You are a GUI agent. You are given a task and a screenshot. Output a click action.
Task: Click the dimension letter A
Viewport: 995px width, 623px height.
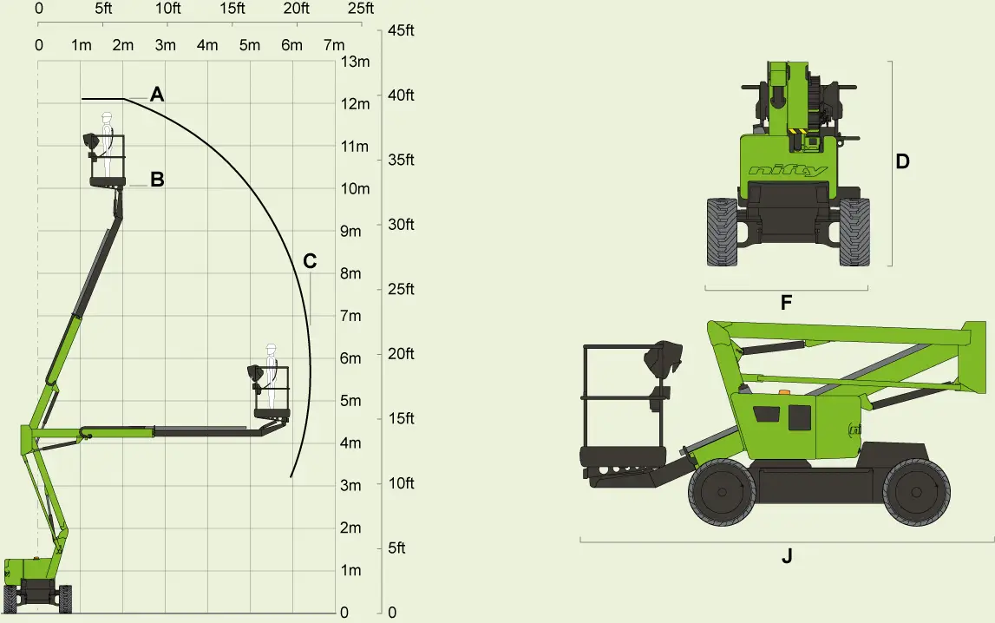pos(157,95)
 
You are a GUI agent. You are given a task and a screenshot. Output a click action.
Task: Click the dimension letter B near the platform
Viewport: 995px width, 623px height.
pos(157,180)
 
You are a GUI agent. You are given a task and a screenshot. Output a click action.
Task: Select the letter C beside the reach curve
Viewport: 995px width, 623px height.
pos(310,261)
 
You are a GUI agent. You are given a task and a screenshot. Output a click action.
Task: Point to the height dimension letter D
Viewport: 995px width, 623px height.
pos(902,161)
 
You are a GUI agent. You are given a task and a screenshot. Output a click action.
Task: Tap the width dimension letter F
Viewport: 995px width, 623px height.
pos(786,303)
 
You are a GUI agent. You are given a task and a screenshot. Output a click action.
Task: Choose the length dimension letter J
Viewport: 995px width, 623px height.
pos(787,556)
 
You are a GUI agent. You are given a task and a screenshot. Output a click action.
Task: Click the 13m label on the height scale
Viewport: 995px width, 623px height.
pos(356,62)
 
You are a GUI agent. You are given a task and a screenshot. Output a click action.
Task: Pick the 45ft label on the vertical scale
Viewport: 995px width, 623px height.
pos(401,30)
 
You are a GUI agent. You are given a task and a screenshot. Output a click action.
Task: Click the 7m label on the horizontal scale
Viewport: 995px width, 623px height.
pos(334,45)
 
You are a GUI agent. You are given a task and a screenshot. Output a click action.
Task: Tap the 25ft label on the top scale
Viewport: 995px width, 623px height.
pos(360,9)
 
